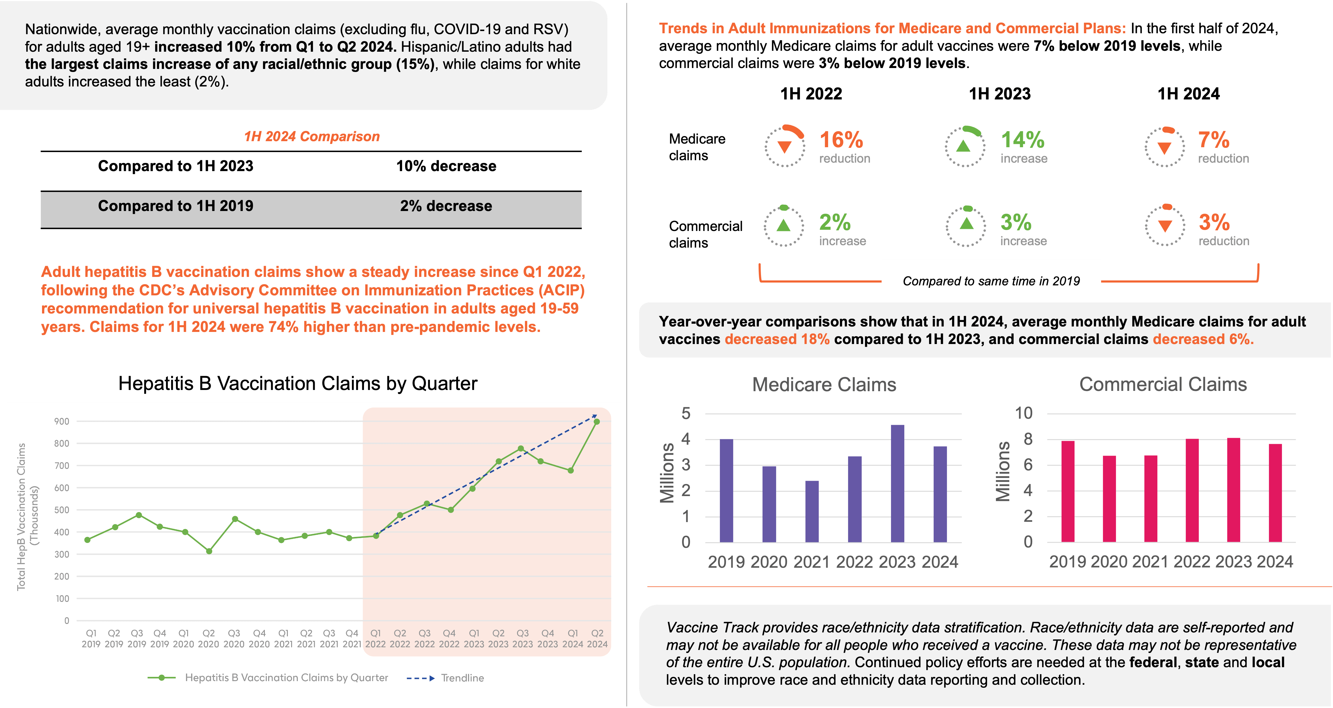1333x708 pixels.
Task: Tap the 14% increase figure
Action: [1023, 140]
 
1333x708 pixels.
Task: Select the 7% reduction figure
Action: [1214, 140]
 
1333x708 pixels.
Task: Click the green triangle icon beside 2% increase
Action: [783, 225]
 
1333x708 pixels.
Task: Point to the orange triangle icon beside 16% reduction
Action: [785, 147]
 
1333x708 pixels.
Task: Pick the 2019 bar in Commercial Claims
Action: [1068, 491]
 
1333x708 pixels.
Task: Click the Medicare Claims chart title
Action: [824, 385]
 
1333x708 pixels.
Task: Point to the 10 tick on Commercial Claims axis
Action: [1023, 413]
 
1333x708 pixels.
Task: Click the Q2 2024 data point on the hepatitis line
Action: [597, 422]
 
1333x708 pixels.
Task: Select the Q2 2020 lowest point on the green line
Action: [209, 551]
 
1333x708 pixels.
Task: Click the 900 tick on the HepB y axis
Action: [62, 421]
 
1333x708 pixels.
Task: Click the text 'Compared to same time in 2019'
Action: [991, 281]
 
